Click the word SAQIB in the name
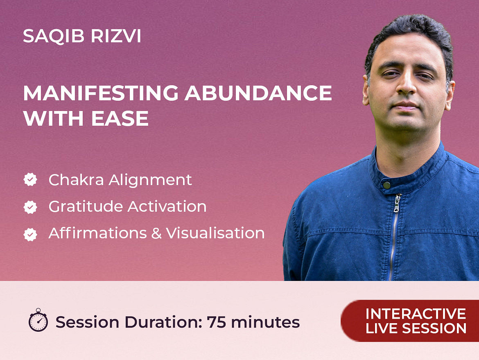[x=54, y=36]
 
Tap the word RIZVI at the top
[x=116, y=36]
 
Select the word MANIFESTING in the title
[x=101, y=93]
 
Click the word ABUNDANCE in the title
[x=258, y=93]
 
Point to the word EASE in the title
[x=120, y=118]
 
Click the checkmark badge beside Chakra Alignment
[x=30, y=179]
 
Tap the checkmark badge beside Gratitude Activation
[x=30, y=207]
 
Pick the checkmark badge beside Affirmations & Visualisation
[x=30, y=234]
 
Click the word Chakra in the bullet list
[x=77, y=180]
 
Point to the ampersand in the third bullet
[x=156, y=233]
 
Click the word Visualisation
[x=215, y=233]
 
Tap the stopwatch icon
[x=38, y=320]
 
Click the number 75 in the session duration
[x=217, y=322]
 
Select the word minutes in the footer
[x=265, y=322]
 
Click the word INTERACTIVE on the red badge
[x=416, y=314]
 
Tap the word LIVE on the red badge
[x=382, y=328]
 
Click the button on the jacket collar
[x=387, y=185]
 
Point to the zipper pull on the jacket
[x=397, y=203]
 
